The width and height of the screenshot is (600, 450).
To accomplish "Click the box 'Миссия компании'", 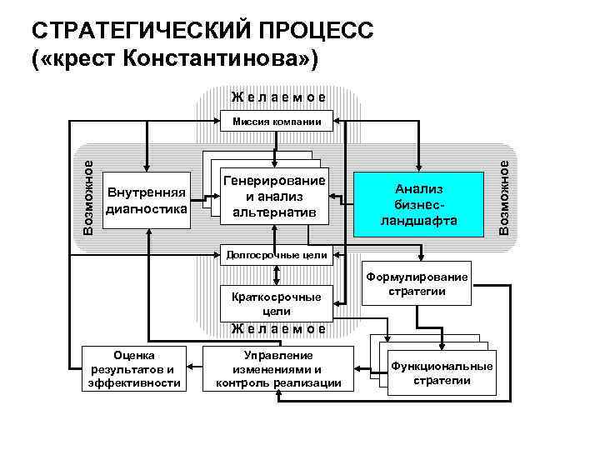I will click(x=277, y=122).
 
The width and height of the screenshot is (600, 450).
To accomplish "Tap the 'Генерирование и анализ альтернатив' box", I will click(x=273, y=198).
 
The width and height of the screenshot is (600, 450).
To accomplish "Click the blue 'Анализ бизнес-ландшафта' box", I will click(x=419, y=204).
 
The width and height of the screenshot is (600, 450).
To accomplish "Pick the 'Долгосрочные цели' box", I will click(x=276, y=254).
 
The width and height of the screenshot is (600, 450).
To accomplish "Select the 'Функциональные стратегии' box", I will click(x=442, y=373).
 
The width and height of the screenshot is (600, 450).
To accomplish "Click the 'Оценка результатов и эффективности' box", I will click(x=133, y=367).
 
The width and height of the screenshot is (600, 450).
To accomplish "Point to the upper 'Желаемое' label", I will click(x=277, y=97).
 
